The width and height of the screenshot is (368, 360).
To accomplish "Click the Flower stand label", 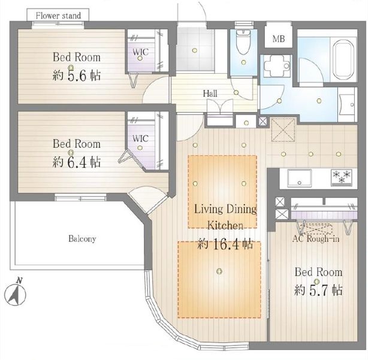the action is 58,16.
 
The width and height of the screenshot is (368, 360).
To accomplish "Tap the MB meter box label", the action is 279,39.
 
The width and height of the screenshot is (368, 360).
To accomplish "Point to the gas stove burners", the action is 342,177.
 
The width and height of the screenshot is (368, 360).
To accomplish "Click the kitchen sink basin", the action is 300,178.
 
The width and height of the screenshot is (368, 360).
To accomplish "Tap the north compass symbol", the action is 15,293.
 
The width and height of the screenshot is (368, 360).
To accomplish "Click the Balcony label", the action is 82,239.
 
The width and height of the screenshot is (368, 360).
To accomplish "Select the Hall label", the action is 210,93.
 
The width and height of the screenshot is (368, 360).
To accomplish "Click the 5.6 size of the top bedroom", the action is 77,76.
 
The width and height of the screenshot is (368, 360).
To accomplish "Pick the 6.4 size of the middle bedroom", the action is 77,162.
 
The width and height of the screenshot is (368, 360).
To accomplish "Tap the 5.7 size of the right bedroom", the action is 318,291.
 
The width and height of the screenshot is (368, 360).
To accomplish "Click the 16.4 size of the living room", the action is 227,244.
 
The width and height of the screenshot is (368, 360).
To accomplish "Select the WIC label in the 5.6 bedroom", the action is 141,52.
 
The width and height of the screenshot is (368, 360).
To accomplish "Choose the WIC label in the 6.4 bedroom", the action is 140,138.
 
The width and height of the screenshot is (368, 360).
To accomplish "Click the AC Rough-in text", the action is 316,239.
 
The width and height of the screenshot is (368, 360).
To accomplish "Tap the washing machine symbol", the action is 277,66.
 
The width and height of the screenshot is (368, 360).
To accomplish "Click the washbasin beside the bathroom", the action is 347,105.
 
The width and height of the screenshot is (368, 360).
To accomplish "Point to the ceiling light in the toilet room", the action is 243,62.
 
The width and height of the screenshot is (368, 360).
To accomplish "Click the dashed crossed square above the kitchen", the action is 283,130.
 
